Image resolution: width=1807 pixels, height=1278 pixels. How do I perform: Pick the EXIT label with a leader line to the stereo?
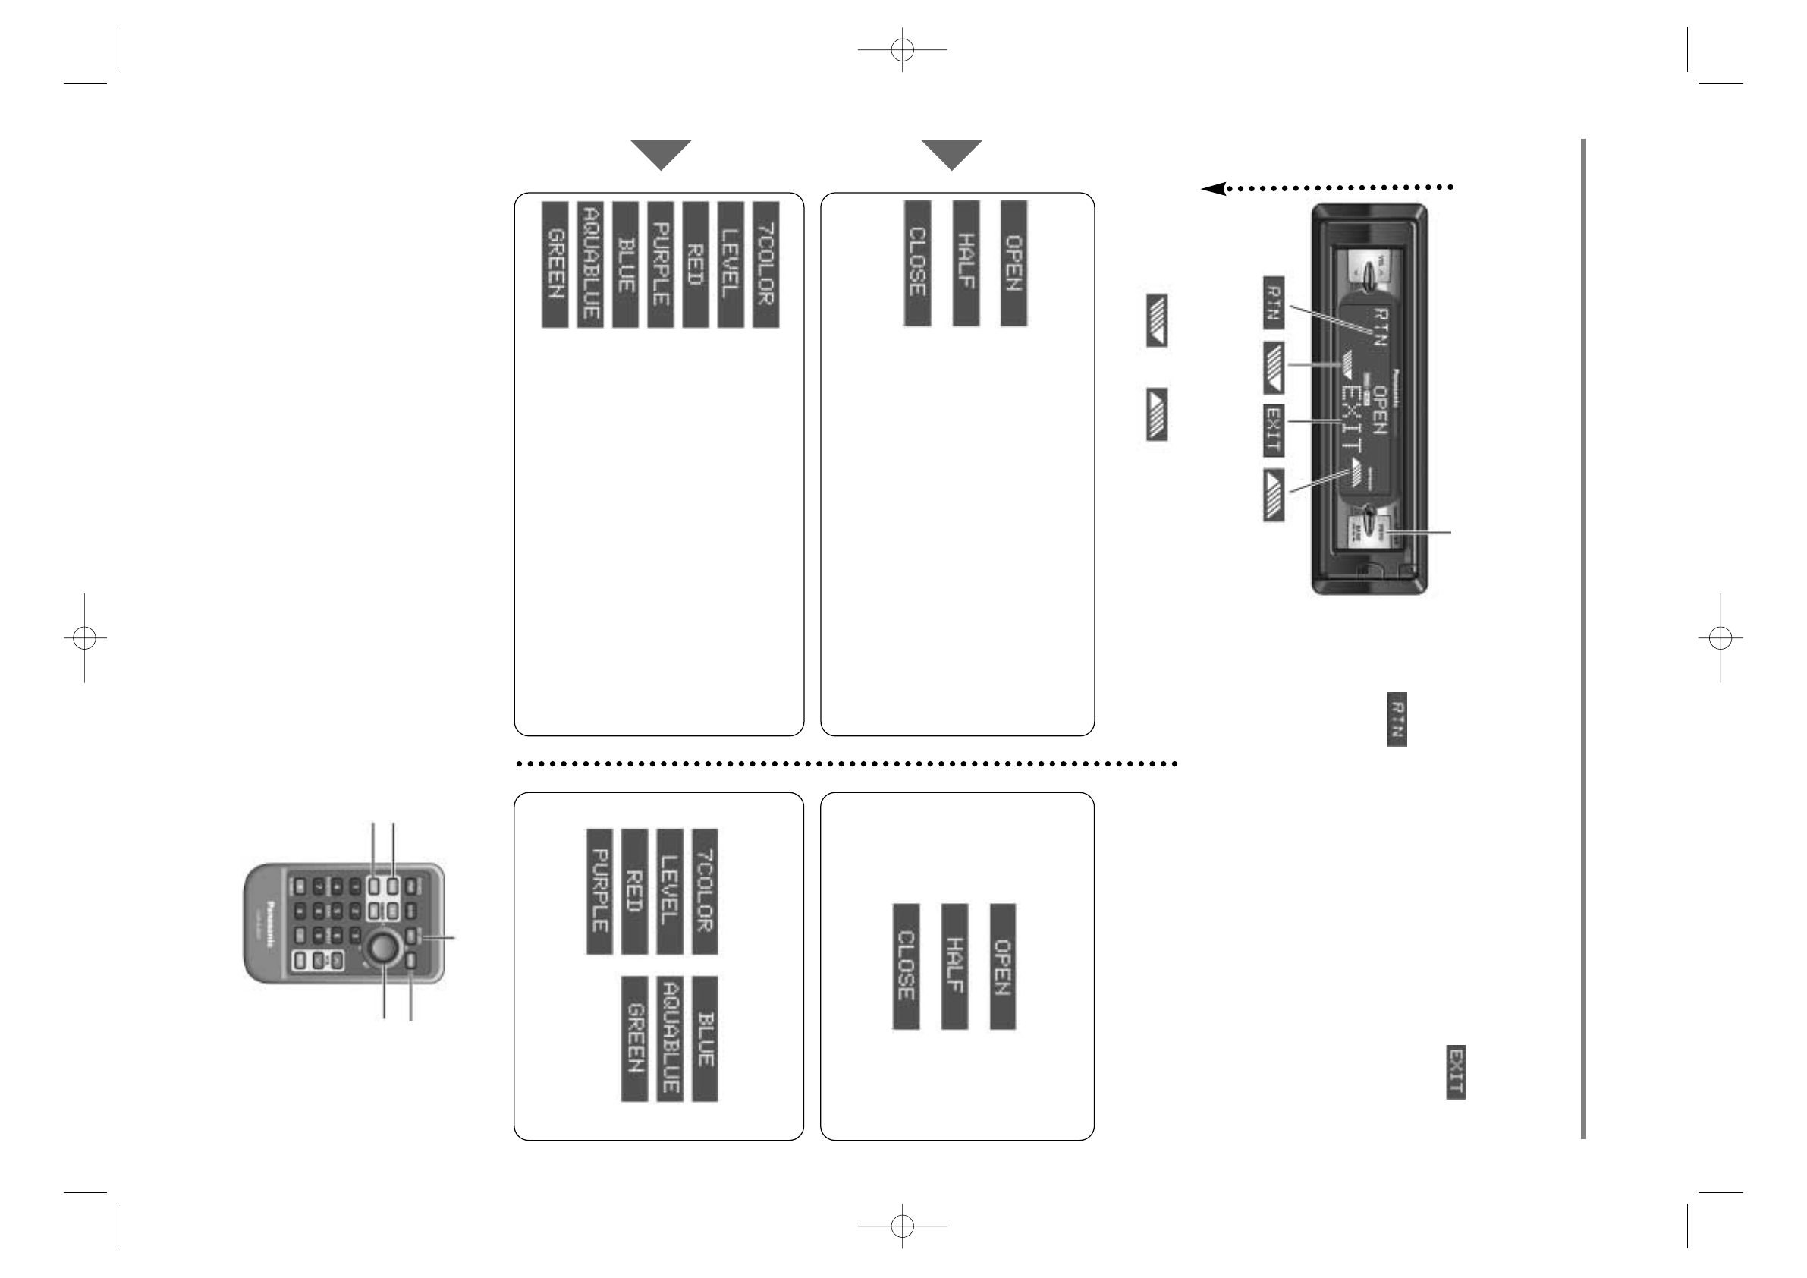coord(1274,430)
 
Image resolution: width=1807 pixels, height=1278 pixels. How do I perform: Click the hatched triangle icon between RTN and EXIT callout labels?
coord(1274,368)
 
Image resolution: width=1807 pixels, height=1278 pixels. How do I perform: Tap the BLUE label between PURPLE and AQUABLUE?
coord(625,264)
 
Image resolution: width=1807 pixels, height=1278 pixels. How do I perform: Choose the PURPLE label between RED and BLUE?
coord(660,264)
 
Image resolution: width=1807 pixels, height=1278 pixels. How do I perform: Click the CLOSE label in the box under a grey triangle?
coord(917,263)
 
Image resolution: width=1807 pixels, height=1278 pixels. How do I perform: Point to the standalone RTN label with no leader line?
coord(1397,719)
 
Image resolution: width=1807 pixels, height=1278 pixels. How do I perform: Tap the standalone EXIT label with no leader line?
coord(1455,1072)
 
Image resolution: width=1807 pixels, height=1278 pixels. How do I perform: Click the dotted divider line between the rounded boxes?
coord(846,763)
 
